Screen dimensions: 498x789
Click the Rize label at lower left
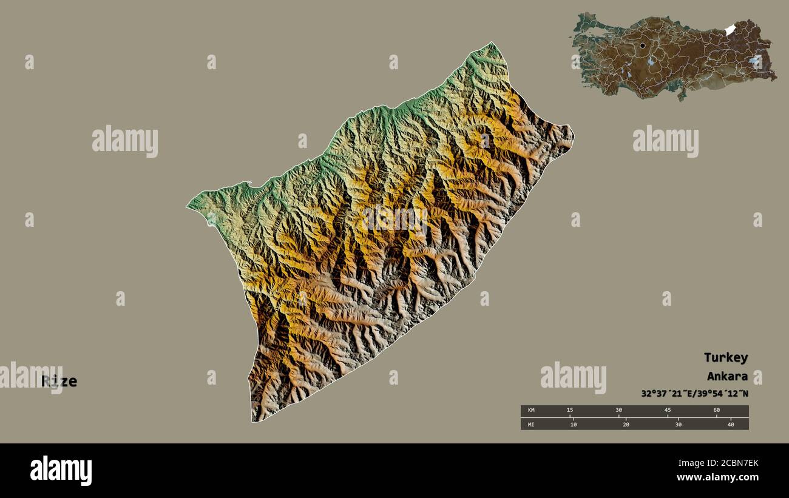click(x=59, y=382)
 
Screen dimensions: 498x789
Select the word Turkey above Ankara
click(x=725, y=357)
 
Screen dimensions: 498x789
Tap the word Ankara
click(x=726, y=375)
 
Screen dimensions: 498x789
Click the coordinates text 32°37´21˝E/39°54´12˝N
click(x=694, y=393)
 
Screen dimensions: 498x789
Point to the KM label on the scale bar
click(x=531, y=411)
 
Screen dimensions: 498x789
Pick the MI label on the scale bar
click(x=531, y=425)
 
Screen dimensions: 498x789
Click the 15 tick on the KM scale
click(x=569, y=411)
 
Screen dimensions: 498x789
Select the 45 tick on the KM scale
click(x=668, y=411)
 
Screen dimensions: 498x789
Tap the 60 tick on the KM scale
click(x=716, y=411)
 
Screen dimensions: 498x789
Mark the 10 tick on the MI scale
click(x=573, y=425)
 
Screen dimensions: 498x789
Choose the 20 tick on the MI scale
click(x=626, y=425)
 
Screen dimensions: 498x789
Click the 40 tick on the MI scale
click(x=731, y=425)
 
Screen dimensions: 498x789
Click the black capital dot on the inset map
click(x=642, y=45)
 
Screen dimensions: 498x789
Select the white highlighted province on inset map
click(x=730, y=30)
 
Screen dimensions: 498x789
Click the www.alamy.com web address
click(x=717, y=477)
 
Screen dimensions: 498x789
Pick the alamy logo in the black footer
click(x=61, y=471)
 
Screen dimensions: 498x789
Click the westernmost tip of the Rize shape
click(x=187, y=207)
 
